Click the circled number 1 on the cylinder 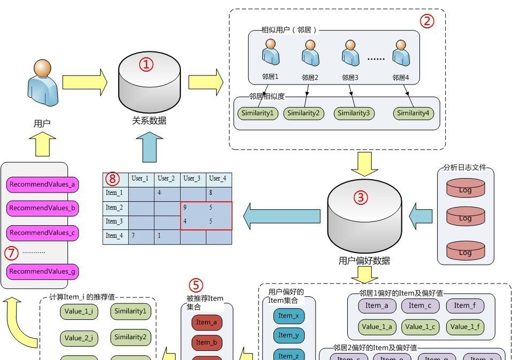coord(146,65)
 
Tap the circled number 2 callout coord(426,21)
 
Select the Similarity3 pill coord(353,113)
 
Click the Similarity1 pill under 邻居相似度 coord(258,113)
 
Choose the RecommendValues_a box coord(43,185)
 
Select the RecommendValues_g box coord(43,271)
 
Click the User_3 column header coord(193,179)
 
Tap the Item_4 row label coord(115,236)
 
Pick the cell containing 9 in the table coord(193,208)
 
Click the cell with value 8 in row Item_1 coord(219,193)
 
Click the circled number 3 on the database coord(361,197)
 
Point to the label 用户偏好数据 coord(364,261)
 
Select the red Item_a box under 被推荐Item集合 coord(207,322)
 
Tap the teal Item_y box coord(288,335)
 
